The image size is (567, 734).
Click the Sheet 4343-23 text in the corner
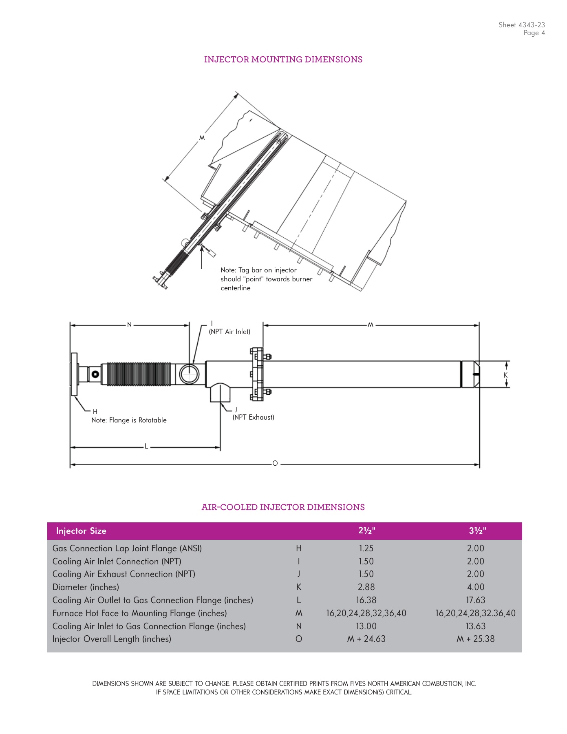click(x=521, y=25)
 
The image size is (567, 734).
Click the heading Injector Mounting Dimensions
click(x=283, y=60)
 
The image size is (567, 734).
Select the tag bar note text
click(x=266, y=279)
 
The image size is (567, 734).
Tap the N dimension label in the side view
click(x=130, y=325)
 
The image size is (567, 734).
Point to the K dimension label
click(x=505, y=375)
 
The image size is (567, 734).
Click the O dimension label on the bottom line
click(x=275, y=464)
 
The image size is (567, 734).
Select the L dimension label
click(x=146, y=447)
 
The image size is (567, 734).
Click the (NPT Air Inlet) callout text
click(x=229, y=332)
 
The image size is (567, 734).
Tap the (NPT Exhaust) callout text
click(x=253, y=417)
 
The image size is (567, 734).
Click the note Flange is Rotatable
click(x=129, y=420)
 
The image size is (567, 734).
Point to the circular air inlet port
click(x=189, y=374)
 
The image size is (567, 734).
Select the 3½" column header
click(x=477, y=531)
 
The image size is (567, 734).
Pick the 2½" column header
click(x=366, y=531)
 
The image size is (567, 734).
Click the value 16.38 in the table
click(x=366, y=600)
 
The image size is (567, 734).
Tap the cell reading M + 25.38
click(x=475, y=639)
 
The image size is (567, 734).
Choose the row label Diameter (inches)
click(x=86, y=587)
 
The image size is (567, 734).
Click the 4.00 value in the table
click(x=475, y=587)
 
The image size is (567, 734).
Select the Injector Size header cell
click(x=81, y=531)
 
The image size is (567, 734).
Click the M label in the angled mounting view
click(x=202, y=138)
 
